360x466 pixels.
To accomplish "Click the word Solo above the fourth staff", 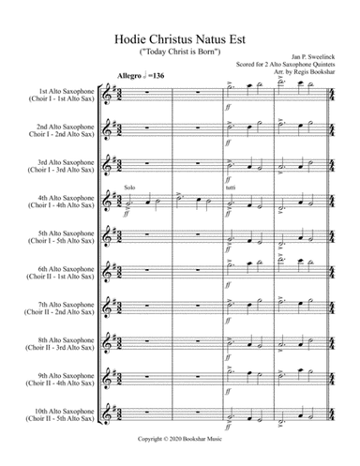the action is tap(129, 187).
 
